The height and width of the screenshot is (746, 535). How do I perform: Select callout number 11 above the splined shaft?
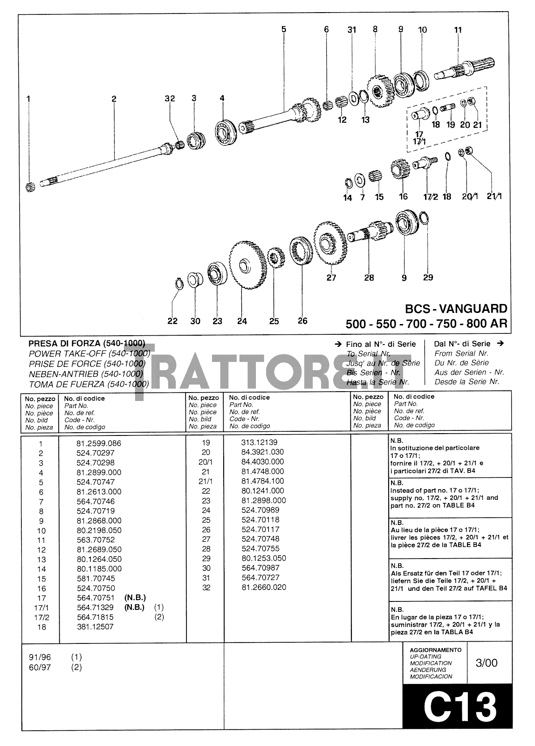coord(458,30)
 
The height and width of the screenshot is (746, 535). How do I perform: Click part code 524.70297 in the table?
coord(96,453)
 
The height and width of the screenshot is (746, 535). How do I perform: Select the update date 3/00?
coord(487,663)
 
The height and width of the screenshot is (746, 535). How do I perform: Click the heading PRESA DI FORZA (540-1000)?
coord(87,344)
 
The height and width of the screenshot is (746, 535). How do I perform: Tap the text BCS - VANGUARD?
coord(456,309)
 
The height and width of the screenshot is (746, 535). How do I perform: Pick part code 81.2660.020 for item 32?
coord(264,587)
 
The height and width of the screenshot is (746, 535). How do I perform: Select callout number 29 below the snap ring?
coord(428,277)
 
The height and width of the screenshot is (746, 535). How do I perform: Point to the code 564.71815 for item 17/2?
coord(95,617)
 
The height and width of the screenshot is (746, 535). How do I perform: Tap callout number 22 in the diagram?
coord(172,321)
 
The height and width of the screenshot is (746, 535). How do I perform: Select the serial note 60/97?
coord(40,667)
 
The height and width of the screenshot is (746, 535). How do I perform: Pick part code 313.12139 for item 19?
coord(259,442)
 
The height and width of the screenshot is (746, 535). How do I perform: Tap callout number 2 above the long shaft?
coord(114,98)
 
